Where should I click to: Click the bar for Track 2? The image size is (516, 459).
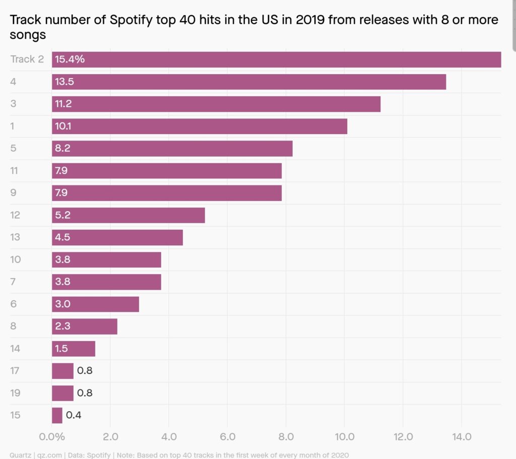pos(276,59)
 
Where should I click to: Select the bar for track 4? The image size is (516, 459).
pos(249,82)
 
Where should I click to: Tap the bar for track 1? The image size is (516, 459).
pos(200,126)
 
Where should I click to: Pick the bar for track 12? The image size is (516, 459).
pos(128,215)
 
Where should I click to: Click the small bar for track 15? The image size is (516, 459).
pos(57,415)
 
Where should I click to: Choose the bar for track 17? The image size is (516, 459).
pos(62,371)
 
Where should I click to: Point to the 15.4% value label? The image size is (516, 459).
pos(70,59)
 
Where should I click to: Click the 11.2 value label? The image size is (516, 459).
pos(64,104)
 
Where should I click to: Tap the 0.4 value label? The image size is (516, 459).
pos(74,415)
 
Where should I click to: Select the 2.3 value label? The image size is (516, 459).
pos(63,326)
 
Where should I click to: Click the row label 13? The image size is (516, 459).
pos(15,237)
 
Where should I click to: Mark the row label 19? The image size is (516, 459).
pos(15,393)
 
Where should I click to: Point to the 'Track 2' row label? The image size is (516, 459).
pos(27,59)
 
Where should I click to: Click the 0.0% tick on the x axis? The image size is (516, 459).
pos(51,436)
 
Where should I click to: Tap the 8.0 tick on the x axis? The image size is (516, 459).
pos(286,436)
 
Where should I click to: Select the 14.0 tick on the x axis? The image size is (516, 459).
pos(461,436)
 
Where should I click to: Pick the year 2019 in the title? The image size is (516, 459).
pos(286,21)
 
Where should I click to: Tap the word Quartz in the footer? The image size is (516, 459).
pos(21,455)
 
